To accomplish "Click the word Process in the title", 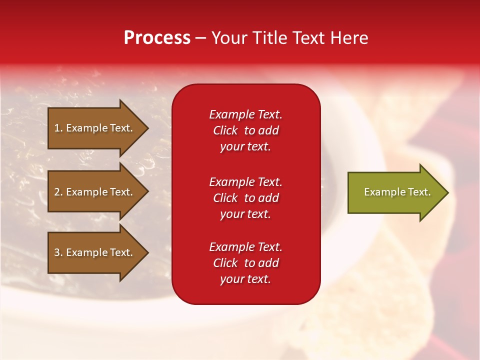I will click(157, 38).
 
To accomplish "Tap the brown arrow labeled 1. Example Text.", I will click(95, 128).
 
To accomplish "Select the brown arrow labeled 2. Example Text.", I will click(95, 192).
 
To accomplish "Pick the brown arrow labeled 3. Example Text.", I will click(95, 252).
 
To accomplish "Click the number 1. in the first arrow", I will click(58, 128).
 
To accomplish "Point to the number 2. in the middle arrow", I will click(58, 192).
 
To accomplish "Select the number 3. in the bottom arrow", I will click(58, 252).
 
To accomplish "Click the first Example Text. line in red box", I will click(245, 114).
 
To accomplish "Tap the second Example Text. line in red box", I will click(245, 182).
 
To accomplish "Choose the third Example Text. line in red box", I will click(245, 247).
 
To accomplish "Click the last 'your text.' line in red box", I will click(245, 279).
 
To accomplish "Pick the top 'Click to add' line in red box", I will click(245, 130).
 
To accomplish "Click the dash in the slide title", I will click(201, 38).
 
